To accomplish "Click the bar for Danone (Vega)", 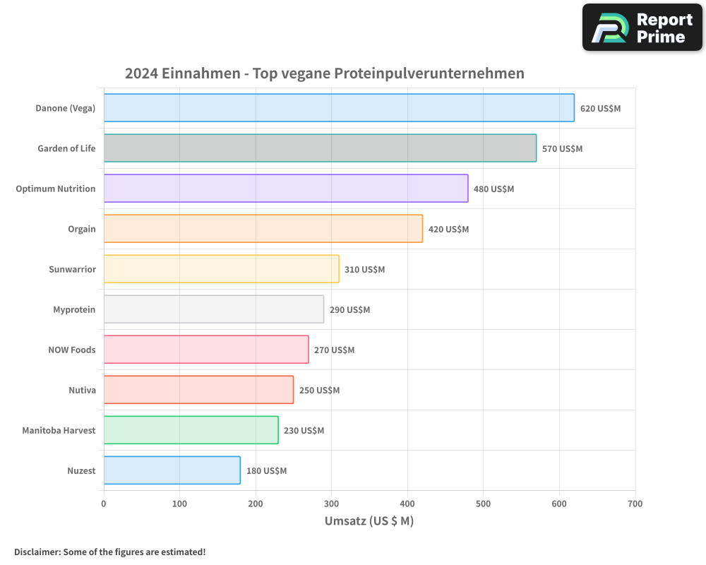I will (x=339, y=108).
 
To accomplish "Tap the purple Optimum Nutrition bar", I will (x=286, y=189).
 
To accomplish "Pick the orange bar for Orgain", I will (x=263, y=229).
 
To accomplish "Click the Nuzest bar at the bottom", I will (x=172, y=470).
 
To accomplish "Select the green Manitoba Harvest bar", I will (x=191, y=430).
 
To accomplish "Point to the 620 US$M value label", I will (x=600, y=109).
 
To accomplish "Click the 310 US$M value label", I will (x=364, y=270).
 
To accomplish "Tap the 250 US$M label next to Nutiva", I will (x=319, y=391).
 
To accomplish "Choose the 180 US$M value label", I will (x=266, y=471).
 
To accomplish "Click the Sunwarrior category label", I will (x=72, y=270).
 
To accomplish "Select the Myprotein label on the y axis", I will (x=74, y=310).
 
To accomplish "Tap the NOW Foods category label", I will (x=71, y=350).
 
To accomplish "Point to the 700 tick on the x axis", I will (x=635, y=504).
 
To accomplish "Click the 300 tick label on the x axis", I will (x=331, y=504).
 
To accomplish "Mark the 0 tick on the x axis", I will (x=104, y=504).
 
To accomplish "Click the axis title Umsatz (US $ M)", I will (x=369, y=521).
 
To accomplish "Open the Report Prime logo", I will (x=642, y=28).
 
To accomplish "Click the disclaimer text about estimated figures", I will (x=109, y=552).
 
